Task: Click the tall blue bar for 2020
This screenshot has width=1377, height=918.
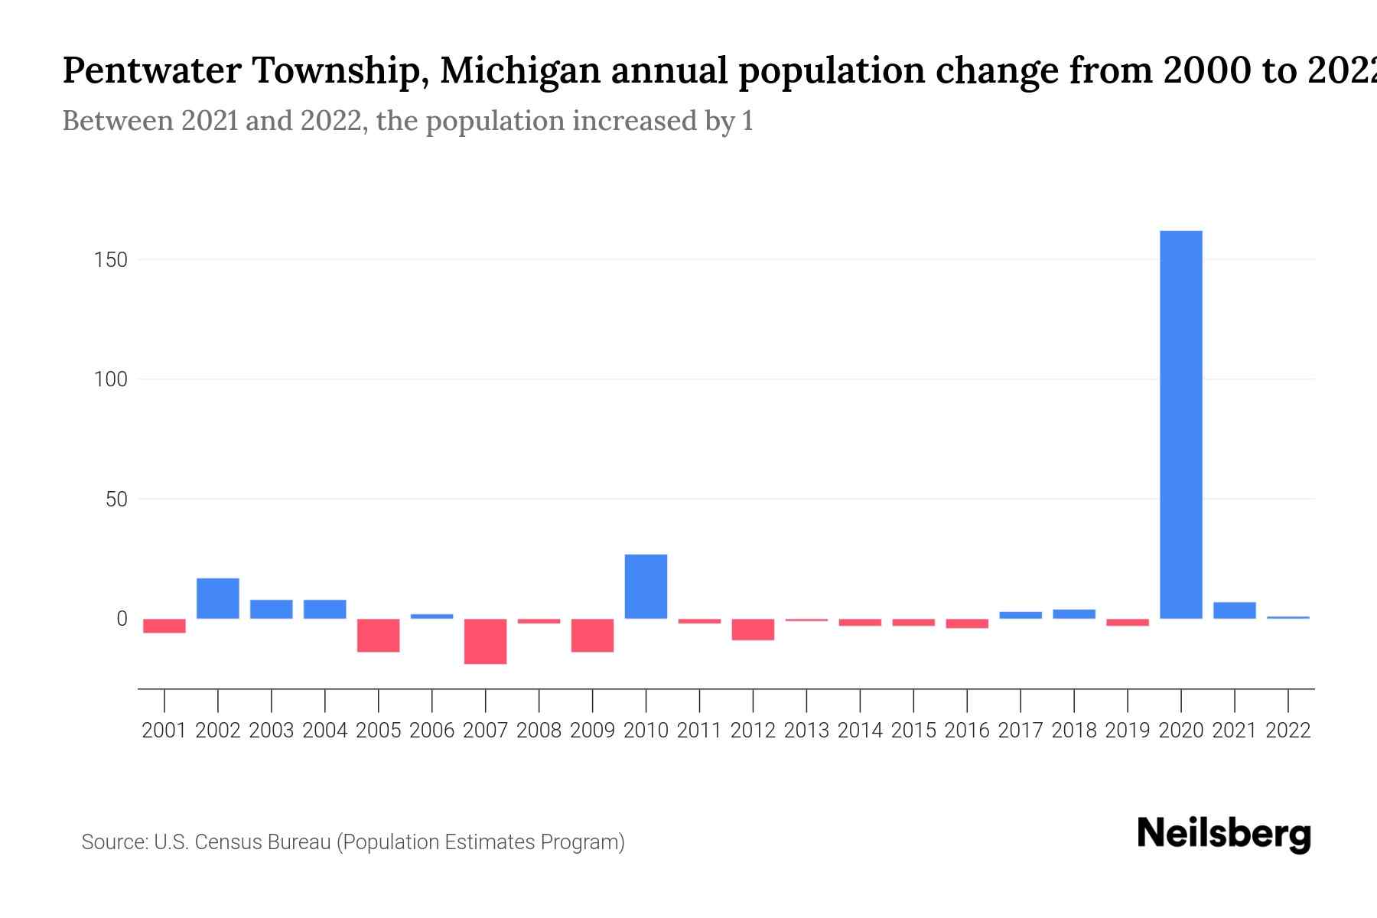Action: coord(1180,425)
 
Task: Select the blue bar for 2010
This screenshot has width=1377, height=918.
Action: coord(646,587)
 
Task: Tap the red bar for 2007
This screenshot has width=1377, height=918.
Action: coord(485,641)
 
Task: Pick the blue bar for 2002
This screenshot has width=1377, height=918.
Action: coord(218,598)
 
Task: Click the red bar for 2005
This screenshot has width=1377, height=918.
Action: coord(379,635)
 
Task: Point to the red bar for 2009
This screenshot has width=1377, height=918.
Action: coord(592,635)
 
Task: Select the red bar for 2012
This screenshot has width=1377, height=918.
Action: coord(753,629)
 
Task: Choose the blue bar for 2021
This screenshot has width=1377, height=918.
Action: coord(1234,610)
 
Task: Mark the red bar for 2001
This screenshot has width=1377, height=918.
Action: coord(164,626)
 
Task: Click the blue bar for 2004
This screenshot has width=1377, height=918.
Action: coord(325,609)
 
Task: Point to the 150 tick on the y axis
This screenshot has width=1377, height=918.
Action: coord(111,260)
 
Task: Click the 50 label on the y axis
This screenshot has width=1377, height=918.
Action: coord(116,500)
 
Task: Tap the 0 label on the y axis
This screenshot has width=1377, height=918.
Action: coord(122,619)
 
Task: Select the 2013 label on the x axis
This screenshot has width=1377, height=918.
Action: coord(806,731)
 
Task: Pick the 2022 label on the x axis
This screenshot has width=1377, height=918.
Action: coord(1288,731)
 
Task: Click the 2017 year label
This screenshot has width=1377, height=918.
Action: coord(1021,731)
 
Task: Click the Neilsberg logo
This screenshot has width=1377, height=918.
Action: coord(1224,834)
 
